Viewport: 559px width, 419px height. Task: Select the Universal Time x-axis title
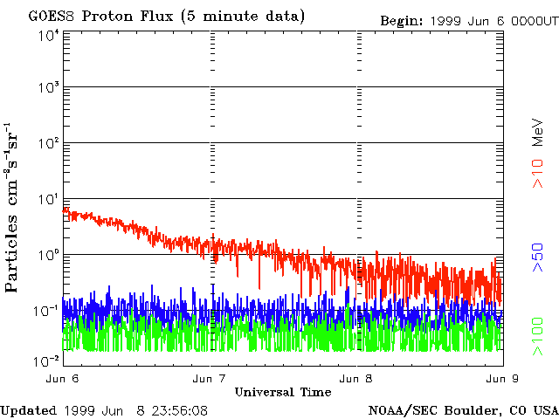[x=282, y=392]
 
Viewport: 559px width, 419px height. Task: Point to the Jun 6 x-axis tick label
[x=63, y=379]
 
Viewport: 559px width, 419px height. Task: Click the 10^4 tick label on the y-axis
[x=48, y=35]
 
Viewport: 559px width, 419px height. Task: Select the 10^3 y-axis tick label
[x=48, y=87]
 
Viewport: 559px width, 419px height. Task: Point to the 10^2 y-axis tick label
[x=48, y=143]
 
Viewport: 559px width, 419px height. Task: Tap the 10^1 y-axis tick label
[x=48, y=199]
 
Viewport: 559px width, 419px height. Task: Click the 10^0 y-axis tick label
[x=48, y=255]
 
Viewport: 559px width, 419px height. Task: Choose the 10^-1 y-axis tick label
[x=46, y=311]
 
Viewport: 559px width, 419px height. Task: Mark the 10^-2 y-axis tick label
[x=46, y=360]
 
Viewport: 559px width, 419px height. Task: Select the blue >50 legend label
[x=539, y=259]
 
